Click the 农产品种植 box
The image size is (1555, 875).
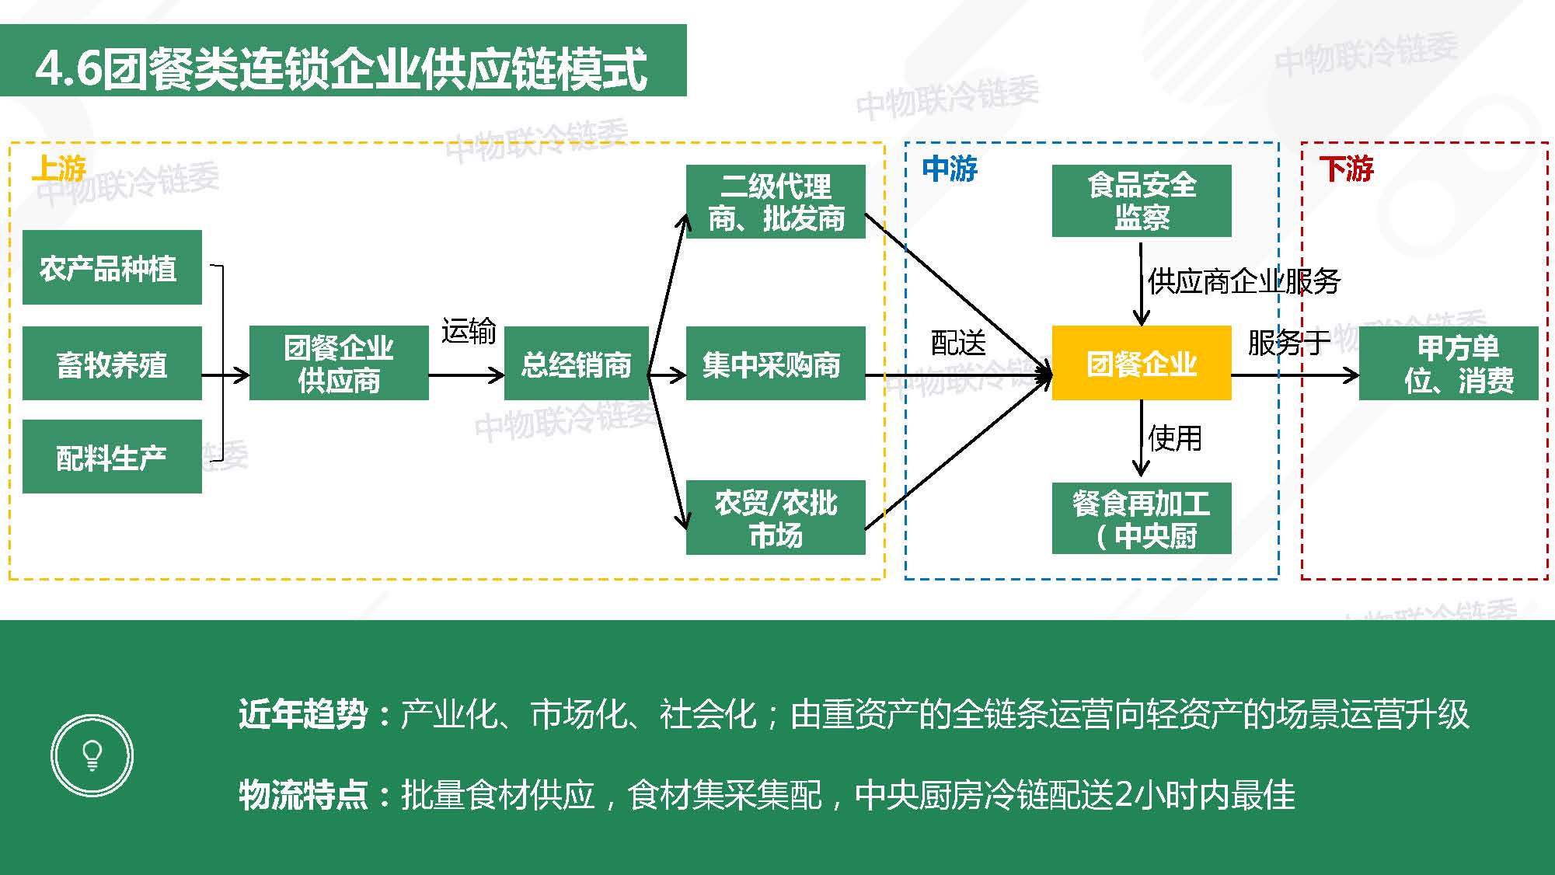(112, 267)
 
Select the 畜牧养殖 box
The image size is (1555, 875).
(112, 364)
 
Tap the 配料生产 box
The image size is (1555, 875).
(112, 457)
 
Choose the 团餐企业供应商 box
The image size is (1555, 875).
(339, 364)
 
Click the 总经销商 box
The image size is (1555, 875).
(576, 364)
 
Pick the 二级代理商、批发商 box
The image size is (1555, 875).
(776, 201)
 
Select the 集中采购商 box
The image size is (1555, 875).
(776, 364)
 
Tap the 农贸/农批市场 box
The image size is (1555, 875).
(776, 518)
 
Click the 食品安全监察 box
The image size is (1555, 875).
(1142, 200)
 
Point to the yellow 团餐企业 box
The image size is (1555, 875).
(1142, 364)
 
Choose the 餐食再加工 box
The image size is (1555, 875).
(1142, 518)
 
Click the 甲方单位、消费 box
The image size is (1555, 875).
(1449, 364)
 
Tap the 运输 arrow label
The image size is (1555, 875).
(469, 331)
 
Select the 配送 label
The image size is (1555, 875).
(958, 343)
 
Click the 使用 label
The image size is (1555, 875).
(1175, 438)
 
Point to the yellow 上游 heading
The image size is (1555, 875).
(59, 168)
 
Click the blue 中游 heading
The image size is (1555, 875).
(950, 168)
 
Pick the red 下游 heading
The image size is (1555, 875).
(1347, 168)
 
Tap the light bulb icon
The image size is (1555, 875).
(92, 755)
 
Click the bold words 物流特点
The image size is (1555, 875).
(303, 794)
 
